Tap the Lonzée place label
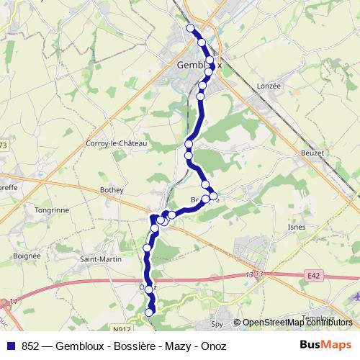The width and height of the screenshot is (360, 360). tap(268, 86)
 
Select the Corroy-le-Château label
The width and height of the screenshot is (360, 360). tap(116, 144)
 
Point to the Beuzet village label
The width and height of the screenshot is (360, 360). tap(312, 153)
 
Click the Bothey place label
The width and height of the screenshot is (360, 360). tap(112, 189)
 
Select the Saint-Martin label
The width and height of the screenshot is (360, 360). tap(99, 259)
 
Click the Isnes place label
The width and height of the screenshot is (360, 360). tap(296, 227)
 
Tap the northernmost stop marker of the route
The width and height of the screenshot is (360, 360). tap(191, 28)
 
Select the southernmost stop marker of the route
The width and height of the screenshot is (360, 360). tap(150, 312)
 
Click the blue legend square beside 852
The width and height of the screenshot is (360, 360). tap(12, 346)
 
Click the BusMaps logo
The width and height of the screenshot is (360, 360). tap(326, 346)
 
